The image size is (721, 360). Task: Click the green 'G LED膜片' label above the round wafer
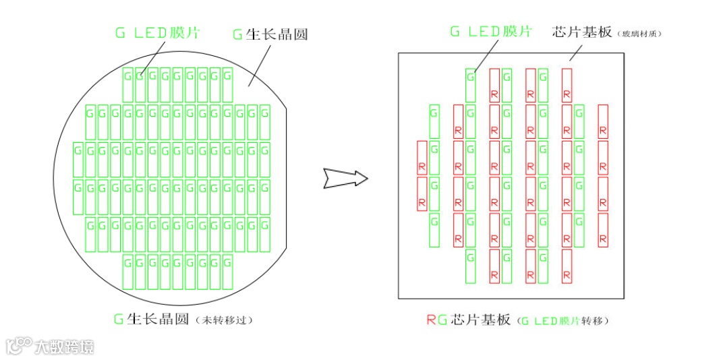(x=156, y=33)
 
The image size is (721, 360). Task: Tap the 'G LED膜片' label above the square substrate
(x=490, y=31)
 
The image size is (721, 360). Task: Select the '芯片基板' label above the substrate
(x=581, y=32)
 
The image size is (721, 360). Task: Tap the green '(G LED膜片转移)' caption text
(x=564, y=320)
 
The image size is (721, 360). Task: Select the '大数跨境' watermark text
(x=64, y=347)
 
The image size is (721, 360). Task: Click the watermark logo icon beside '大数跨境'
(x=19, y=345)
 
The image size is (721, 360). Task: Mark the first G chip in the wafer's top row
(x=127, y=85)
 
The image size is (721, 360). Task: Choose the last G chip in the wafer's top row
(x=227, y=85)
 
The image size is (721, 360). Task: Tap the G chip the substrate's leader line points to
(x=470, y=85)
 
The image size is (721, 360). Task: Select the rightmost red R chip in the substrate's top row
(x=567, y=85)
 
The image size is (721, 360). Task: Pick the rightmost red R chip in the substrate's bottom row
(x=567, y=267)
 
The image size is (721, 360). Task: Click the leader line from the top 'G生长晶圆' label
(x=257, y=65)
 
